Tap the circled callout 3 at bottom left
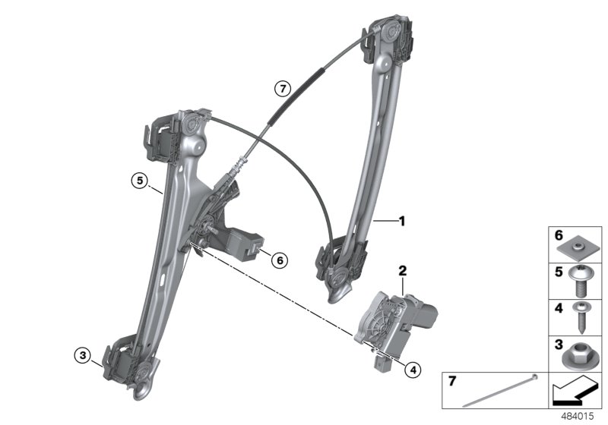[81, 354]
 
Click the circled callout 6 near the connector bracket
[280, 260]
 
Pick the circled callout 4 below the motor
[412, 370]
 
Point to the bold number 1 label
[402, 222]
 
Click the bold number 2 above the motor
[403, 270]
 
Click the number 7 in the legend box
[452, 380]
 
